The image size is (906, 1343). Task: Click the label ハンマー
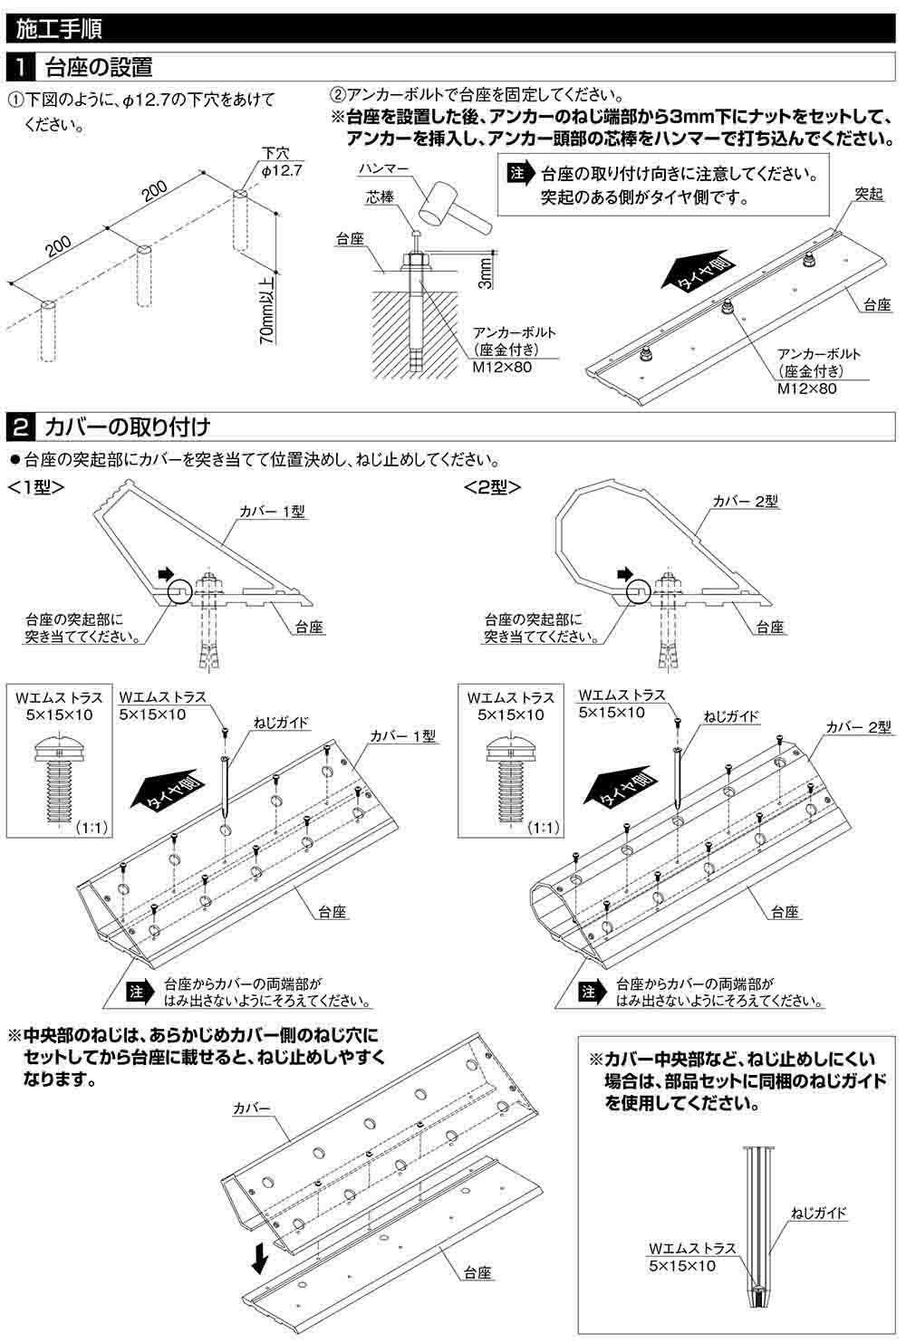click(382, 169)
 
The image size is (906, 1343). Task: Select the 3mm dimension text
click(486, 273)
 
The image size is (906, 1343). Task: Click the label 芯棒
click(380, 197)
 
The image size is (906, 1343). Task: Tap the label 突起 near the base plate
click(868, 195)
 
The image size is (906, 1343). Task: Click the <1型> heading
click(35, 485)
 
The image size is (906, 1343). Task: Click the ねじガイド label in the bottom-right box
click(818, 1212)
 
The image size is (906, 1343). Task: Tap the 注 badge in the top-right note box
click(518, 173)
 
